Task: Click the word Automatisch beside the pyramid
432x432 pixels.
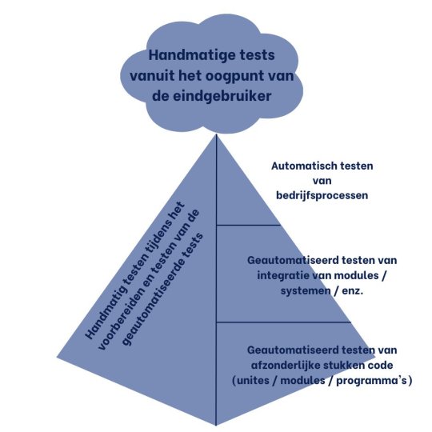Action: click(x=303, y=166)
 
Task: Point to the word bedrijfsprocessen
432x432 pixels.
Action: click(x=322, y=195)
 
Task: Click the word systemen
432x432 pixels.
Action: click(x=306, y=290)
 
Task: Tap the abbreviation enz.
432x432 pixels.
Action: click(x=352, y=291)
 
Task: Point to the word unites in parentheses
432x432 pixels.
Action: click(x=253, y=381)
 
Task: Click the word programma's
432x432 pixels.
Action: click(x=372, y=381)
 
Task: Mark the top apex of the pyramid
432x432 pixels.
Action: click(x=216, y=134)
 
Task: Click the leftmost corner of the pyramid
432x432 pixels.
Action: click(x=57, y=358)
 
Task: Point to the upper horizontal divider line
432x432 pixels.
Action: click(x=248, y=225)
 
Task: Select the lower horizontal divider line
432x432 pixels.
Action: click(x=283, y=322)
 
